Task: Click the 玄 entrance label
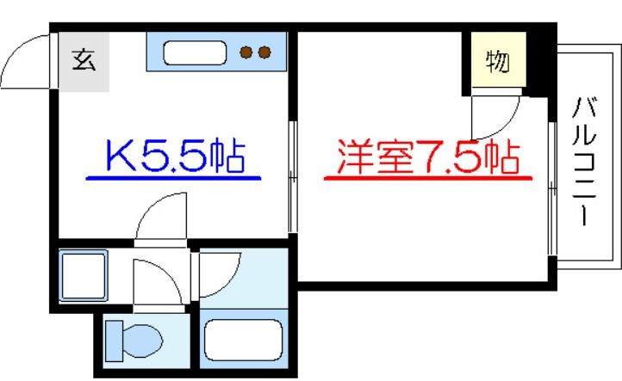(x=84, y=61)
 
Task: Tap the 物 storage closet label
(x=497, y=63)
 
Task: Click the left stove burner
(x=246, y=53)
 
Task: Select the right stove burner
(x=264, y=53)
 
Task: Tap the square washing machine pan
(x=83, y=279)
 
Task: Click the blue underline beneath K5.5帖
(x=173, y=179)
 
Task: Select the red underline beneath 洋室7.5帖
(x=427, y=179)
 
